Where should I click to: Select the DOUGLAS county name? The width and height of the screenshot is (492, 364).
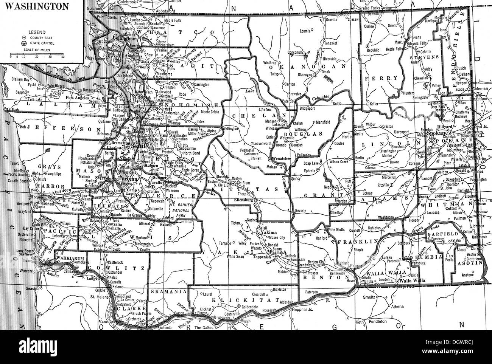pos(309,134)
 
